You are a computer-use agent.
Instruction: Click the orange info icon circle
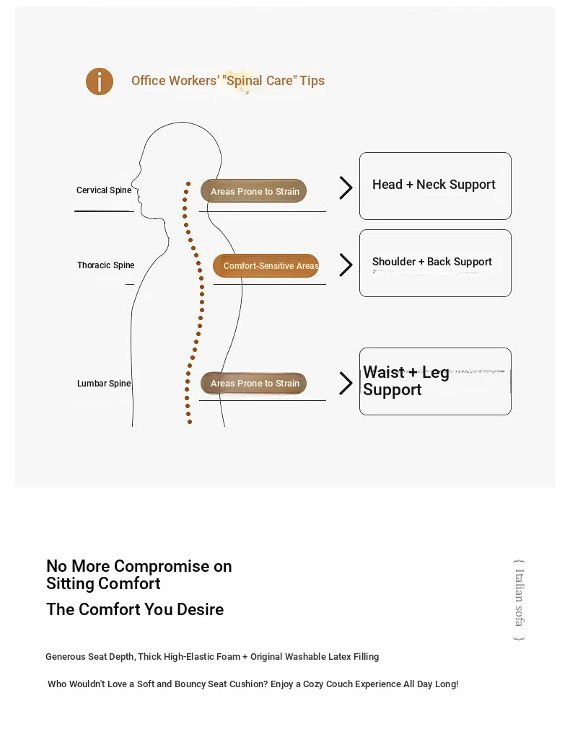click(x=99, y=81)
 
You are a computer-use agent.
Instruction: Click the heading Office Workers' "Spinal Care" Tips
click(x=228, y=81)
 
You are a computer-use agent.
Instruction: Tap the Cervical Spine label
click(x=104, y=190)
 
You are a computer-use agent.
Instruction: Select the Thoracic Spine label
click(x=105, y=265)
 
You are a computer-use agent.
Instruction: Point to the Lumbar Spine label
click(x=104, y=383)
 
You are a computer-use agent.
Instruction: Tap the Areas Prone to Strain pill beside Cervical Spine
click(x=253, y=190)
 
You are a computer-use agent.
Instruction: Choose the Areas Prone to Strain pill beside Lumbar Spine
click(x=253, y=383)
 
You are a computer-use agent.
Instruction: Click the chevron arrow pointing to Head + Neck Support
click(x=346, y=187)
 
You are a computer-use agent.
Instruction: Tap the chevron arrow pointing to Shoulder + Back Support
click(x=346, y=265)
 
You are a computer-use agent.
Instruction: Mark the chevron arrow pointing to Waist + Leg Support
click(x=346, y=383)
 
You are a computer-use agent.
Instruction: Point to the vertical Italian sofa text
click(x=519, y=600)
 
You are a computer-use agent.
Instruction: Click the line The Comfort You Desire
click(x=135, y=609)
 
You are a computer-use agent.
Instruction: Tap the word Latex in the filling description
click(x=340, y=656)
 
